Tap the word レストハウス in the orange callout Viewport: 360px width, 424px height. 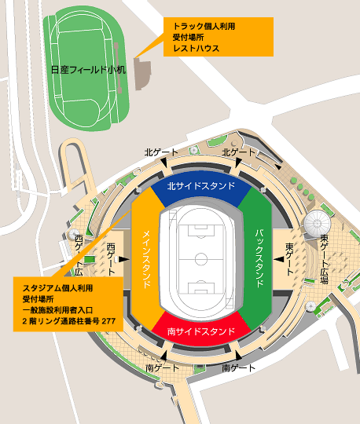[197, 48]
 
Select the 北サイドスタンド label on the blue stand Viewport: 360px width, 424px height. [200, 187]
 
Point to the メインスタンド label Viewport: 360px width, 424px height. [147, 258]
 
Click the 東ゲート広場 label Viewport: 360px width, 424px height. [324, 258]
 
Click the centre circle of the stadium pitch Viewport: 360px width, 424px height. [200, 258]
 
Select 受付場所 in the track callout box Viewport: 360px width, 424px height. [189, 37]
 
